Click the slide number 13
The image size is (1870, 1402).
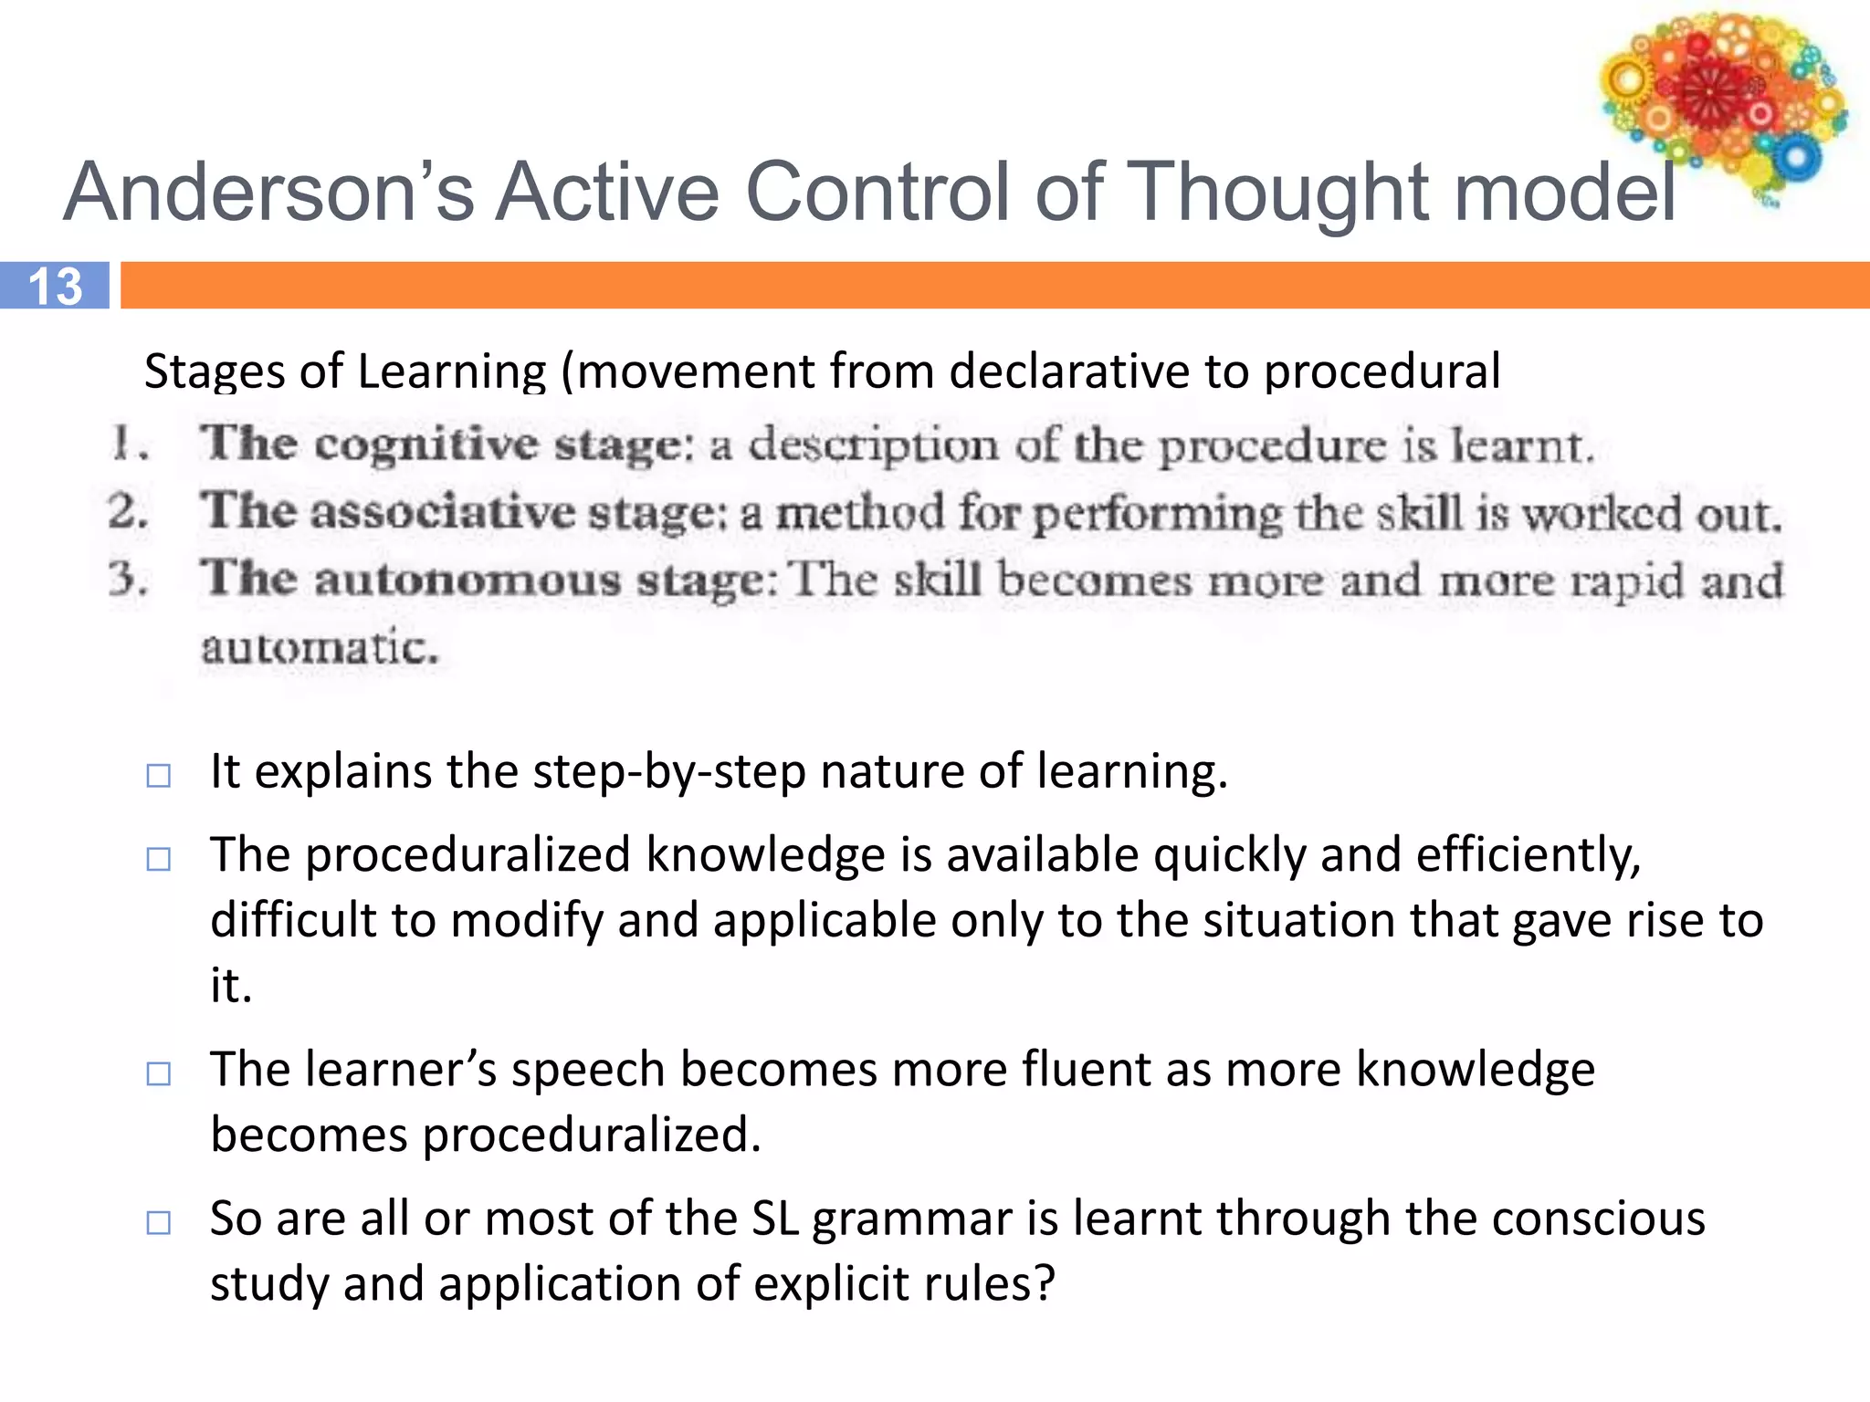[x=55, y=286]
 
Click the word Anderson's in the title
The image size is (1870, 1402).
[x=268, y=192]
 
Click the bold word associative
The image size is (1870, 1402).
[x=442, y=512]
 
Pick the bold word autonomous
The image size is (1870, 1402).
[x=467, y=581]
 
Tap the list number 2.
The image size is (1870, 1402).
[x=128, y=512]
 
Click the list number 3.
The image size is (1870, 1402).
[x=128, y=581]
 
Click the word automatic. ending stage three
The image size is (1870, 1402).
[x=320, y=649]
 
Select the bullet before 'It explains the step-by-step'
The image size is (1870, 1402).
[x=159, y=776]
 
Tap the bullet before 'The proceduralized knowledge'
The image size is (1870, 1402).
[x=159, y=859]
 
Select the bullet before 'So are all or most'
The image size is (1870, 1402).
[x=159, y=1222]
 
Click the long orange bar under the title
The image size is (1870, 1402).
[x=995, y=286]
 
